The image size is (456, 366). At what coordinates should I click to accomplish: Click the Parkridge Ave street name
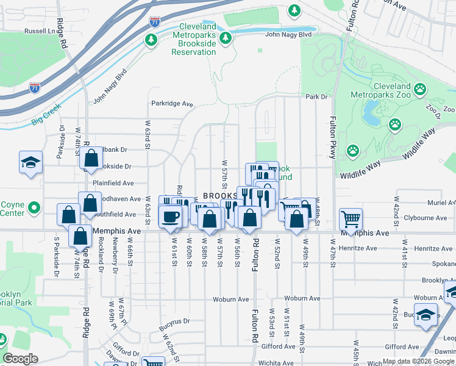[x=172, y=103]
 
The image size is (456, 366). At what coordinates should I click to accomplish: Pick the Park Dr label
[x=316, y=96]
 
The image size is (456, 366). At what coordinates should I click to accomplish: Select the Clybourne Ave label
[x=425, y=217]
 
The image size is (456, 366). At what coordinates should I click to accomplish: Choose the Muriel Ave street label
[x=441, y=202]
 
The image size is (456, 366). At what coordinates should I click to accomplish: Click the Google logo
[x=20, y=359]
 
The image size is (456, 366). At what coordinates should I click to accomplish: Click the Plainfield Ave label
[x=113, y=183]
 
